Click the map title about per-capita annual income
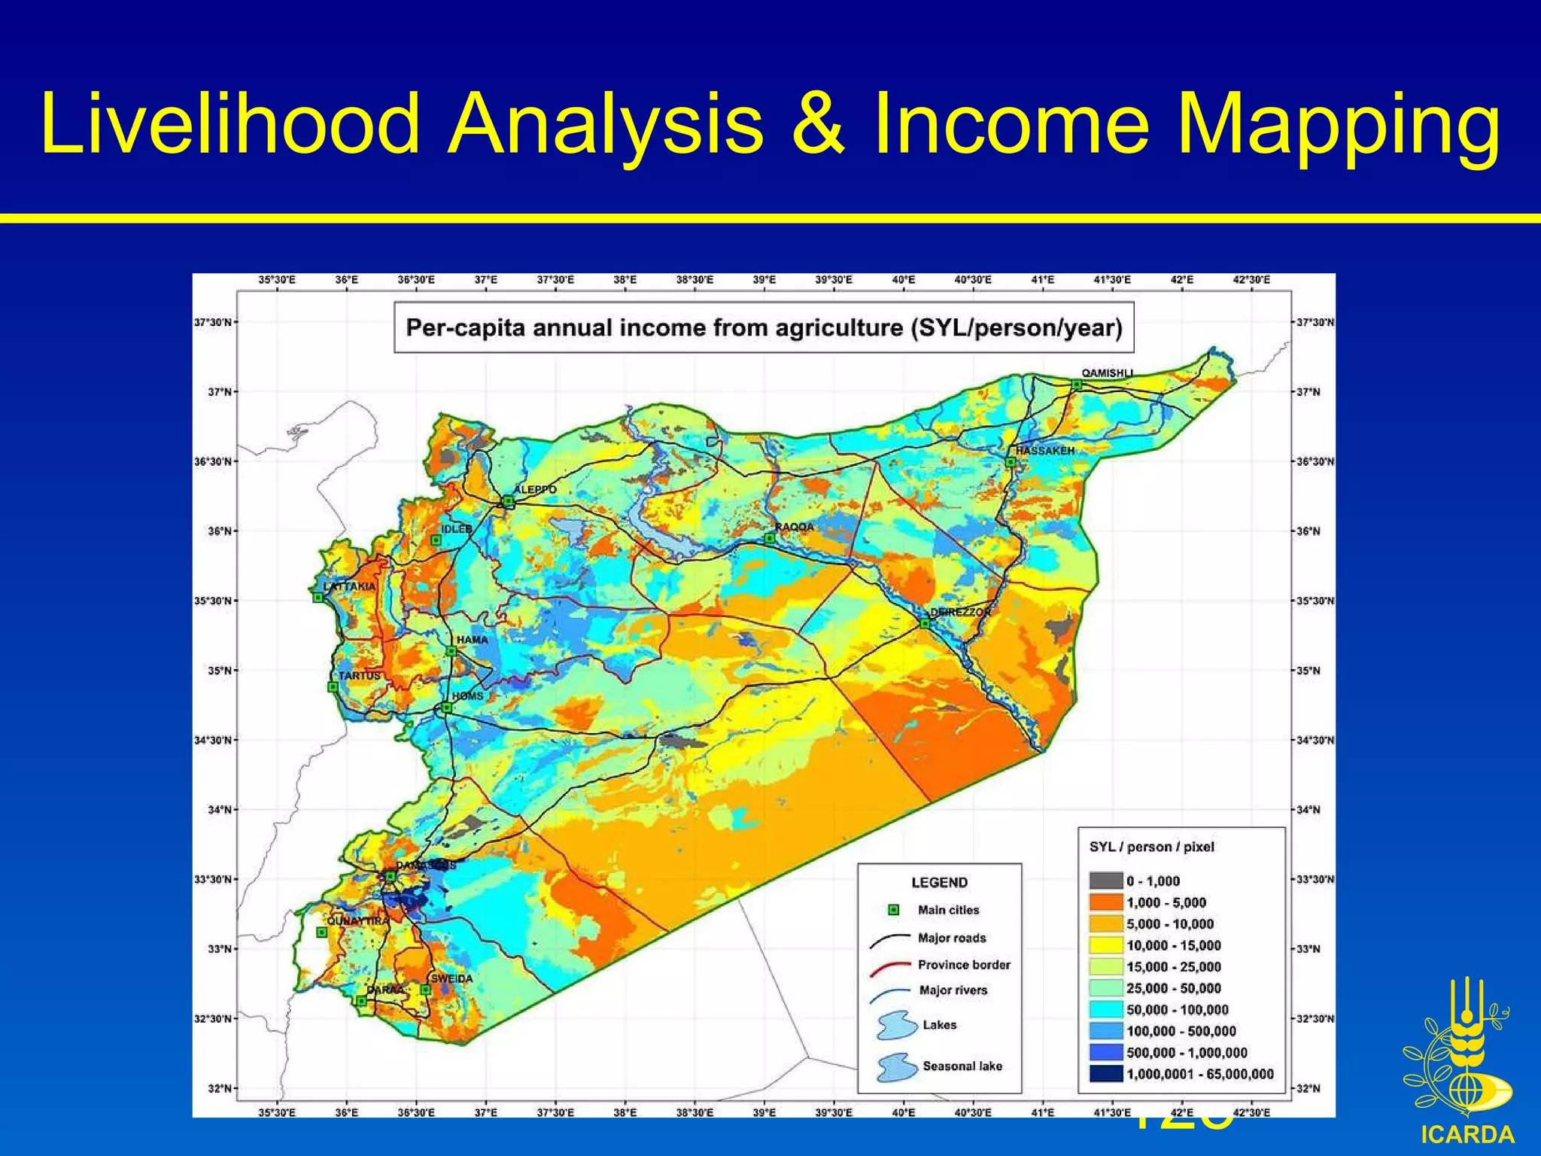pyautogui.click(x=764, y=328)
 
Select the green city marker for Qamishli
pyautogui.click(x=1077, y=385)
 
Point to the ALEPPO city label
pyautogui.click(x=535, y=489)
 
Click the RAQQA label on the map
pyautogui.click(x=795, y=527)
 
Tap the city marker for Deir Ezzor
pyautogui.click(x=926, y=623)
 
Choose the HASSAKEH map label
pyautogui.click(x=1045, y=451)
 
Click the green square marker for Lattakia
pyautogui.click(x=318, y=598)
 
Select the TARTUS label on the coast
pyautogui.click(x=359, y=676)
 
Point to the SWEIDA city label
pyautogui.click(x=451, y=978)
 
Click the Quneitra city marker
pyautogui.click(x=322, y=932)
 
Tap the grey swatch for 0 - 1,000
pyautogui.click(x=1105, y=881)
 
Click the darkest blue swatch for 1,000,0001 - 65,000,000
pyautogui.click(x=1105, y=1074)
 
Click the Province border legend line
pyautogui.click(x=890, y=966)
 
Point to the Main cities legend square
pyautogui.click(x=894, y=910)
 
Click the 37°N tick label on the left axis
pyautogui.click(x=219, y=392)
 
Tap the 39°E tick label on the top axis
pyautogui.click(x=764, y=280)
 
